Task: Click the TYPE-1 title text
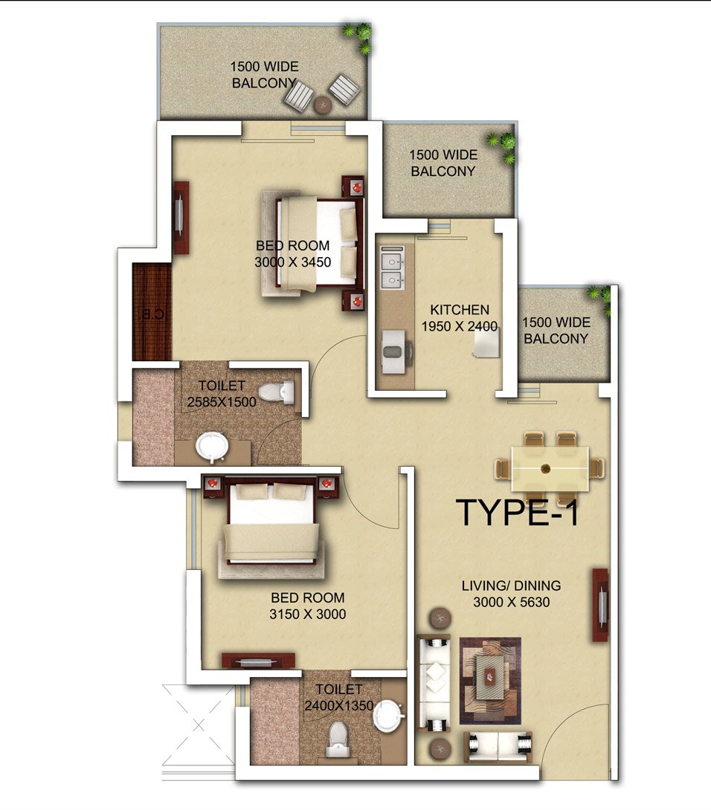coord(517,513)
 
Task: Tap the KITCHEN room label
coord(460,310)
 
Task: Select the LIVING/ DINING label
coord(511,586)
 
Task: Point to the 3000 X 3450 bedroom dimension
coord(293,262)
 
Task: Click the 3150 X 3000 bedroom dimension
coord(308,615)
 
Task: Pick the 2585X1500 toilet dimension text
coord(222,402)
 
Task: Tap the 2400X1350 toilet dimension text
coord(338,706)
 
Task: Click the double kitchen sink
coord(393,268)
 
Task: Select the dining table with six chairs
coord(550,469)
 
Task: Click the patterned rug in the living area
coord(490,681)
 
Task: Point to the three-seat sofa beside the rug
coord(434,683)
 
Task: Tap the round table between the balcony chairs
coord(323,105)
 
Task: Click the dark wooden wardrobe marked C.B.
coord(152,311)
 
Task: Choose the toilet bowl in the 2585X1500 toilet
coord(276,392)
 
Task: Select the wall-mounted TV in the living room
coord(600,605)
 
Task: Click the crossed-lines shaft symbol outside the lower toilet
coord(199,726)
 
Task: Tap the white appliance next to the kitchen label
coord(486,343)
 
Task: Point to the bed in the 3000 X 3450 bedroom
coord(317,244)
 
